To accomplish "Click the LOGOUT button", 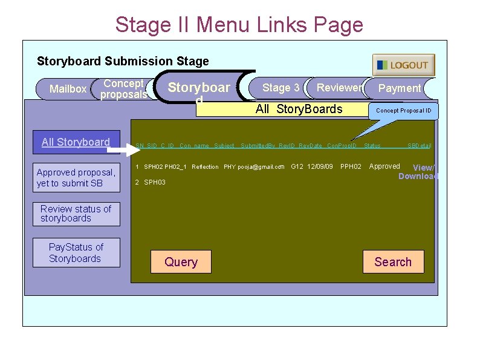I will (403, 65).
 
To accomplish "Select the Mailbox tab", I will (68, 89).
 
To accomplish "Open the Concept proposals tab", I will (123, 89).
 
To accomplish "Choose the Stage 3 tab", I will (281, 88).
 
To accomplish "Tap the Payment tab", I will (399, 88).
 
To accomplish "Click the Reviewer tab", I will (339, 88).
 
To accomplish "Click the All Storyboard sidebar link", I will (76, 142).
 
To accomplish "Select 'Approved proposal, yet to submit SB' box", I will (76, 178).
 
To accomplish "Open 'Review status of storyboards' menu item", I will (76, 214).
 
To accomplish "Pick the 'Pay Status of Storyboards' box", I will (76, 253).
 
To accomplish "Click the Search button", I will (393, 262).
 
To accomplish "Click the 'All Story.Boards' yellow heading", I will (299, 109).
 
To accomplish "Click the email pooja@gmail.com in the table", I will (261, 167).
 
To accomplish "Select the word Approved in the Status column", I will (384, 166).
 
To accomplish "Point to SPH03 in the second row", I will (155, 182).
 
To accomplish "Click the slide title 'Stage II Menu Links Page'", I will (239, 25).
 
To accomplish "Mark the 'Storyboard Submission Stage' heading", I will (123, 61).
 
